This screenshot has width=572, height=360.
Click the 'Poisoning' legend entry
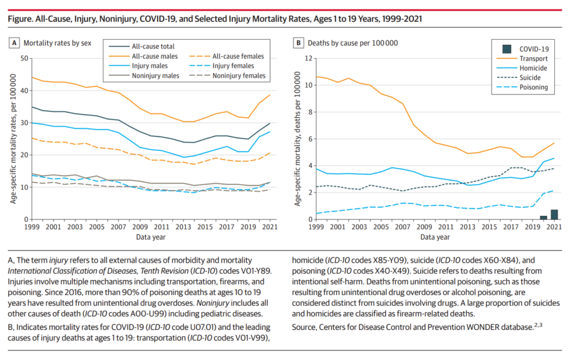534,87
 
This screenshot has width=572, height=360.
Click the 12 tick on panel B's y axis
307,58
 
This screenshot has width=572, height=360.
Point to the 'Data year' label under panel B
436,237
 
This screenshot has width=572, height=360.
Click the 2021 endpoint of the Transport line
554,143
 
